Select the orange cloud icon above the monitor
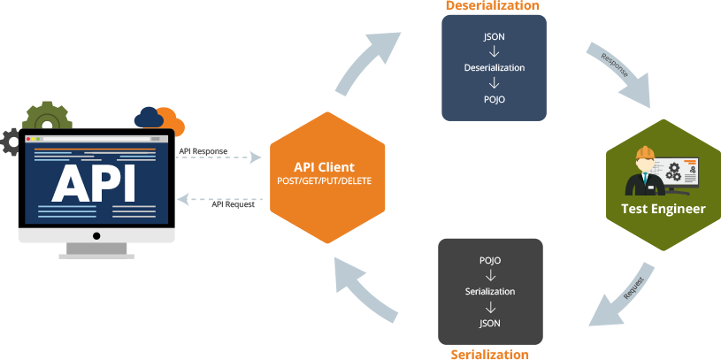coord(159,119)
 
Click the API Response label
coord(203,151)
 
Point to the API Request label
coord(233,205)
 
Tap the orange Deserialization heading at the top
coord(493,6)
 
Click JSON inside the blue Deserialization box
coord(495,38)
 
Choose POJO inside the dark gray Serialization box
coord(489,262)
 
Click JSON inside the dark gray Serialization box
coord(489,323)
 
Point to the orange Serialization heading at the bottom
coord(489,354)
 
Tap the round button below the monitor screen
coord(96,236)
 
